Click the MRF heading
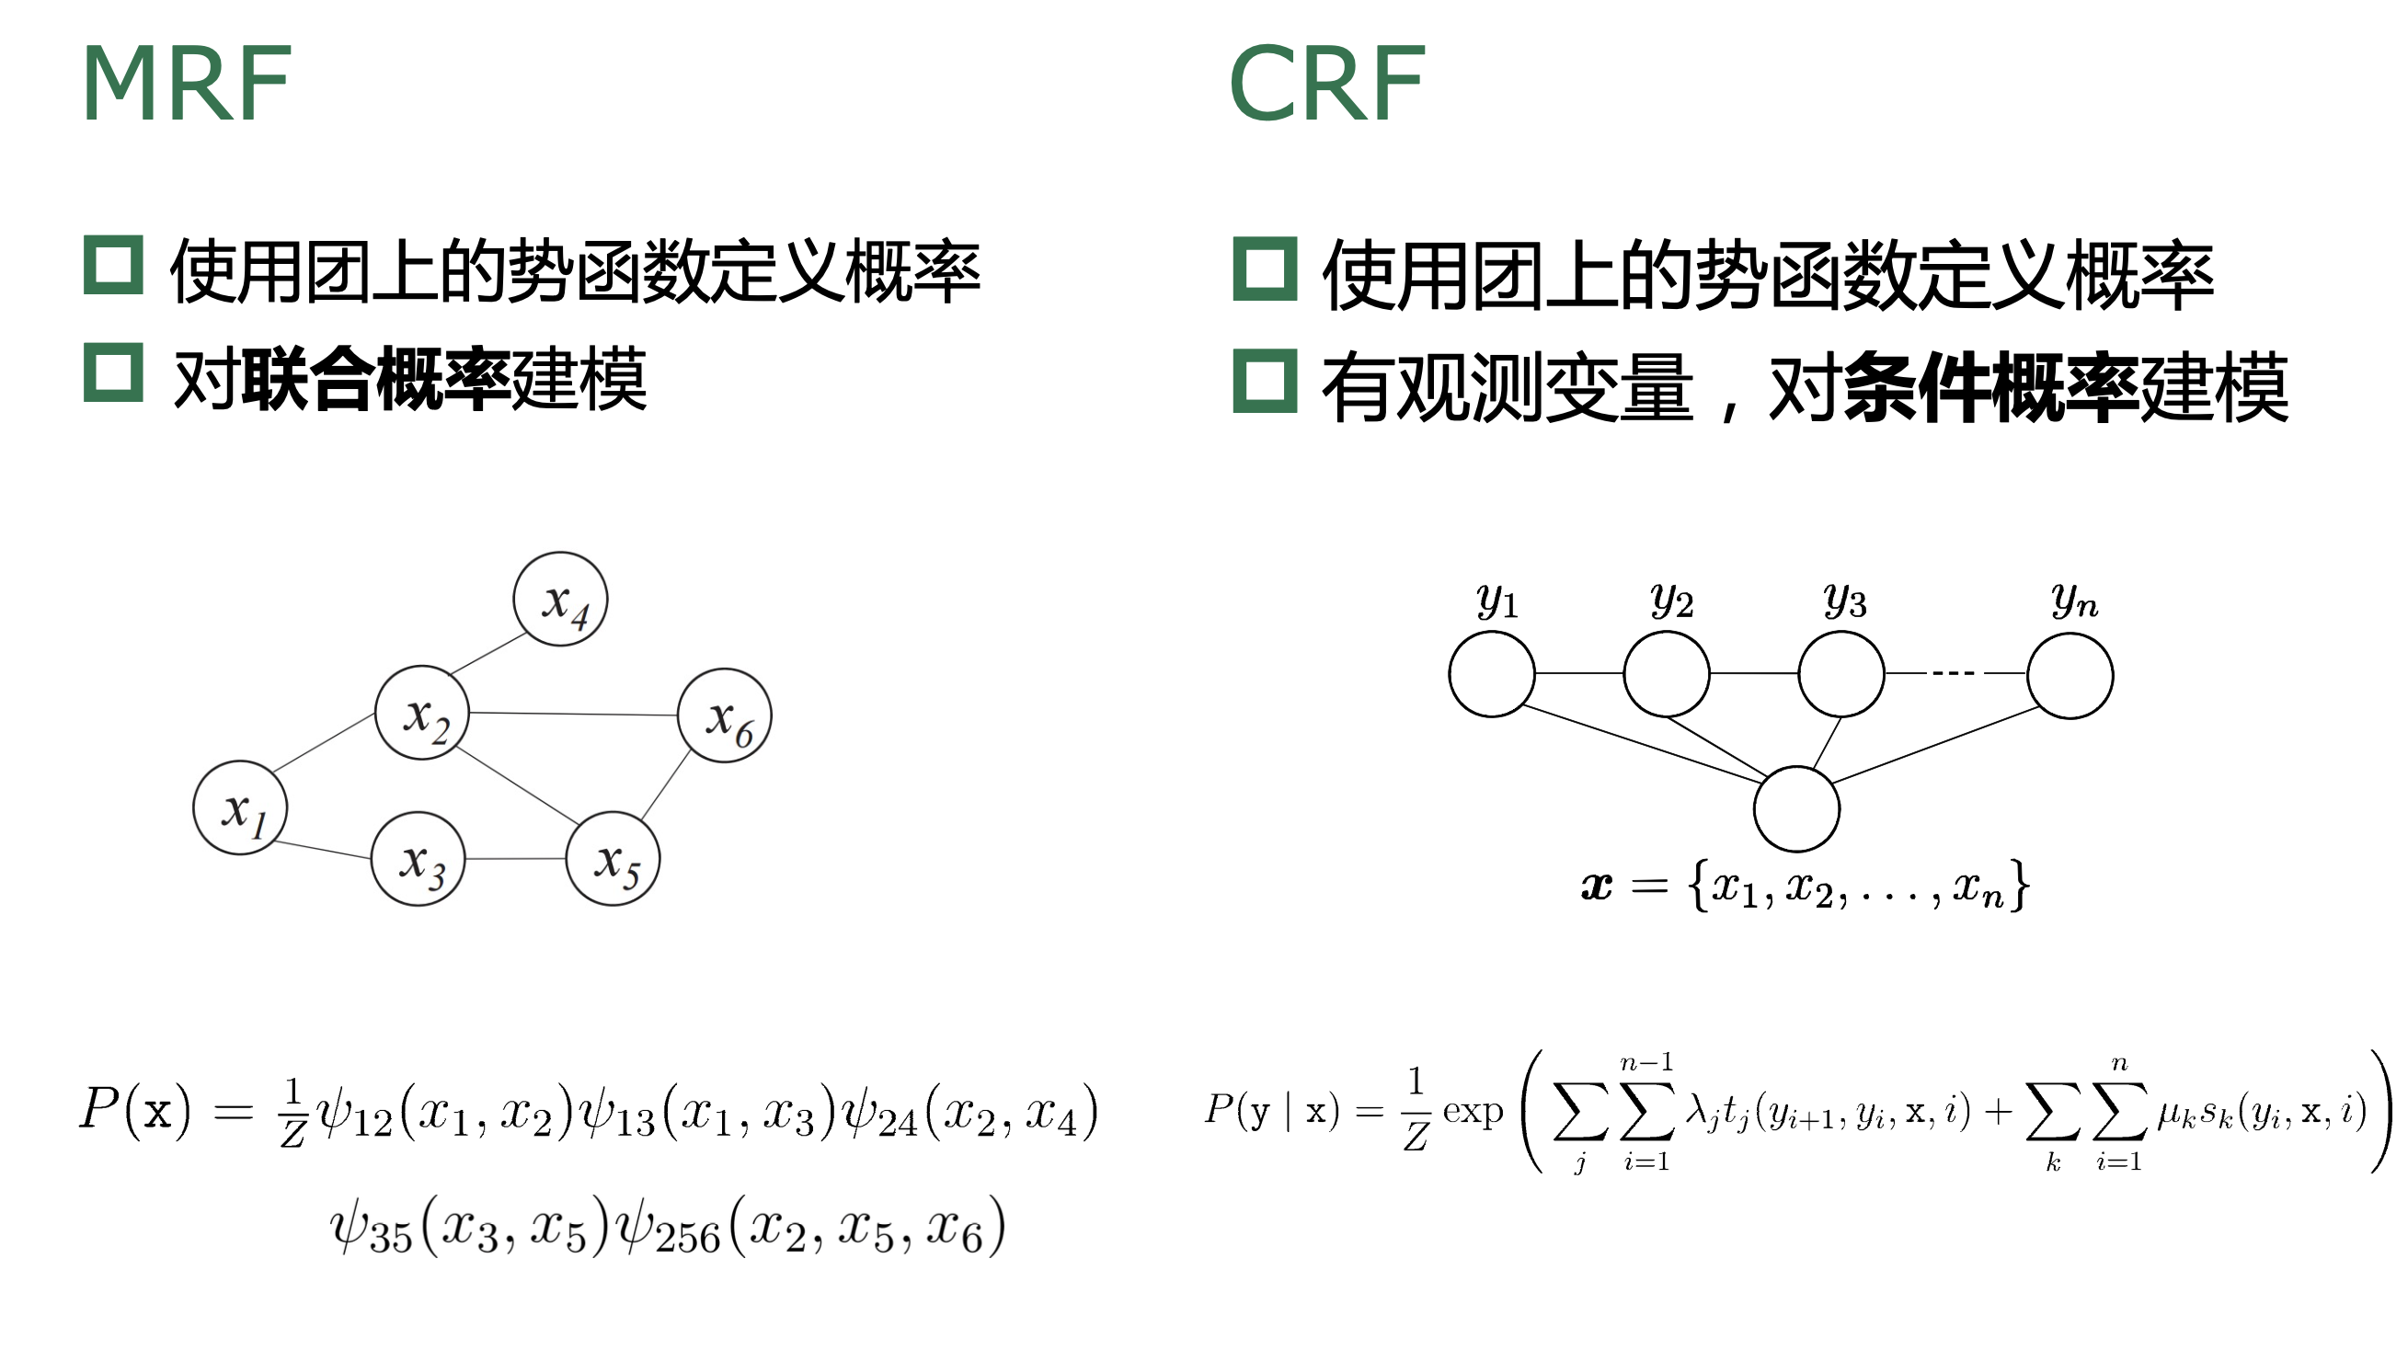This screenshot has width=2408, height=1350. point(187,84)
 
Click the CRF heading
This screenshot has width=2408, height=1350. point(1327,84)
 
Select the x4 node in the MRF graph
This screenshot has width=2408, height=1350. point(561,600)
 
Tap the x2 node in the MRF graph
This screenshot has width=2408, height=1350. point(422,714)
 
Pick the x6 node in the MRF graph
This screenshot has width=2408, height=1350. point(726,716)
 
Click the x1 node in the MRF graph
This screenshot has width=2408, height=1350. point(240,807)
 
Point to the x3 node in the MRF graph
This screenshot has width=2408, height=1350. point(419,859)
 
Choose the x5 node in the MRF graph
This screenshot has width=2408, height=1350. point(613,859)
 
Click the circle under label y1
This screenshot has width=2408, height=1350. point(1492,674)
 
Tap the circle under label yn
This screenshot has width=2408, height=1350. point(2070,676)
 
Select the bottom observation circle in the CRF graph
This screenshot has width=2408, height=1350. point(1796,809)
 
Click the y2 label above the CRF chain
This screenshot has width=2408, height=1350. point(1671,601)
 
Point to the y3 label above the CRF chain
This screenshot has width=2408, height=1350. point(1844,601)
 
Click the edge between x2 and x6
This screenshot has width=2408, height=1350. point(573,715)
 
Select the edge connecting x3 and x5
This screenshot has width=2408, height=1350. point(516,859)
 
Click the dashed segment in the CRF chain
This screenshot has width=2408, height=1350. point(1953,673)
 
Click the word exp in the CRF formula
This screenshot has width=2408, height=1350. point(1473,1112)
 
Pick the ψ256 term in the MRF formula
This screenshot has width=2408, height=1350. point(670,1229)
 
